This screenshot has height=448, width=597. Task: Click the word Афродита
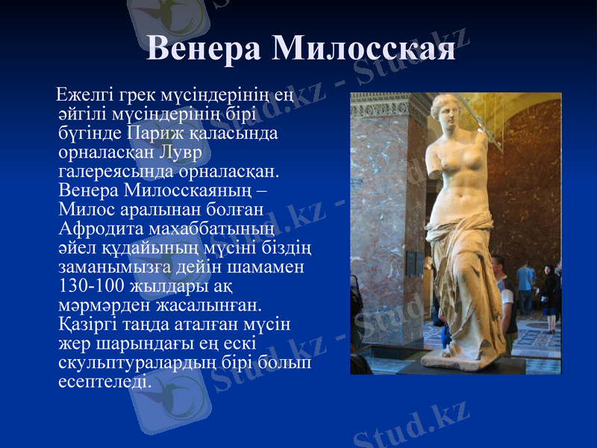coord(99,228)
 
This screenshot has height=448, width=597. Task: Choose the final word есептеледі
coord(103,381)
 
